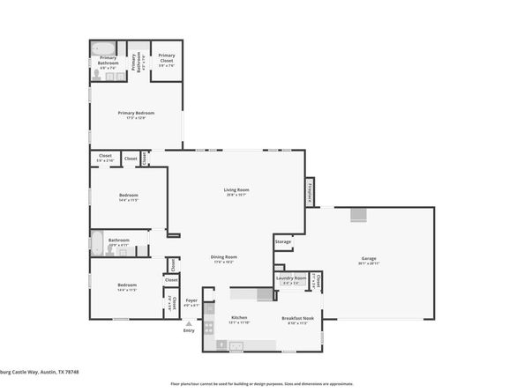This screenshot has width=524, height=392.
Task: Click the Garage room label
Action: pyautogui.click(x=368, y=259)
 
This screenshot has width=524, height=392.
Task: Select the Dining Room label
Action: pyautogui.click(x=222, y=257)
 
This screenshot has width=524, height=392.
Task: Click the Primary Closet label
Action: pyautogui.click(x=166, y=56)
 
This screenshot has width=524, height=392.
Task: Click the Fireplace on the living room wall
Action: pyautogui.click(x=310, y=193)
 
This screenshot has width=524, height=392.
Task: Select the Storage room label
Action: pyautogui.click(x=282, y=240)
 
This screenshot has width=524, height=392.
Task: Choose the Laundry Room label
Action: pyautogui.click(x=291, y=278)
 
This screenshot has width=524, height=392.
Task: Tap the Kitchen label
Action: pyautogui.click(x=239, y=317)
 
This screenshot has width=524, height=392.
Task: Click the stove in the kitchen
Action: pyautogui.click(x=209, y=329)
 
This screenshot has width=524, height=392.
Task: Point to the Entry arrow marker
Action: pyautogui.click(x=189, y=322)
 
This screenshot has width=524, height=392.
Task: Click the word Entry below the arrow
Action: pyautogui.click(x=189, y=330)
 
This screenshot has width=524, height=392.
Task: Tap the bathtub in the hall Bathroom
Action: pyautogui.click(x=97, y=242)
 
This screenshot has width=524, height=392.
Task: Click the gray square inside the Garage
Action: pyautogui.click(x=358, y=216)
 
